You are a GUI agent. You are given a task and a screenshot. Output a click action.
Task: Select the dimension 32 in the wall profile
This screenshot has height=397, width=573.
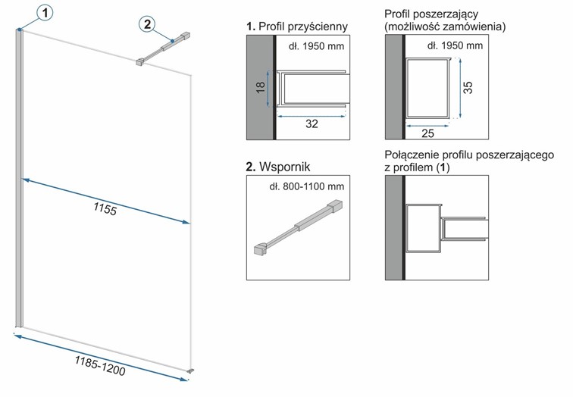point(312,124)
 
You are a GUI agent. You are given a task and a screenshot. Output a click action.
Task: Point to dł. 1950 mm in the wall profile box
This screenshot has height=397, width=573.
point(316,46)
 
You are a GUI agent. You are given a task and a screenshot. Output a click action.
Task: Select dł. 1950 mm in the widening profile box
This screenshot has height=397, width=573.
point(454,46)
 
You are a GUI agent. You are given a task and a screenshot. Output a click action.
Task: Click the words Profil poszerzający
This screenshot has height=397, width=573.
point(430,14)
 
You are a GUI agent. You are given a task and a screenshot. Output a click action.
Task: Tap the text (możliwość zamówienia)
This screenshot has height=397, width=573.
point(445,27)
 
